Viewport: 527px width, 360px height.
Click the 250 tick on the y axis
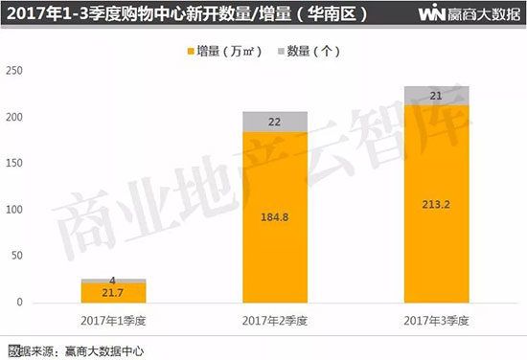click(16, 71)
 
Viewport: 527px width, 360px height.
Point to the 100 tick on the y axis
click(16, 210)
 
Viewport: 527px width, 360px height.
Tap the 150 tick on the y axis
click(16, 164)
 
